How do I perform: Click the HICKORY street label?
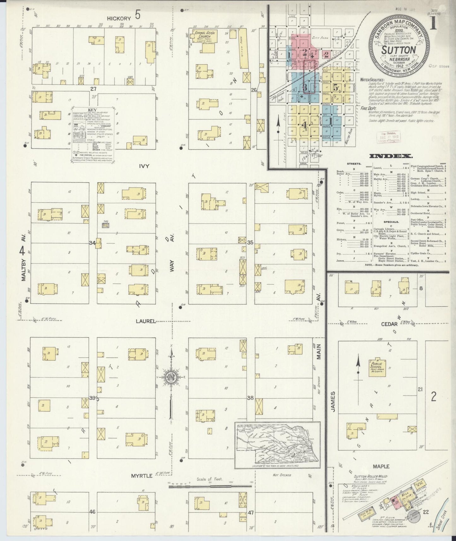(118, 18)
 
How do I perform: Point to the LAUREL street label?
(146, 321)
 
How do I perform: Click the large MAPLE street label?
(381, 466)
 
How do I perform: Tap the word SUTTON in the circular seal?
(398, 50)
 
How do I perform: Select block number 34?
(92, 243)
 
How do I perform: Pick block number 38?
(250, 398)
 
